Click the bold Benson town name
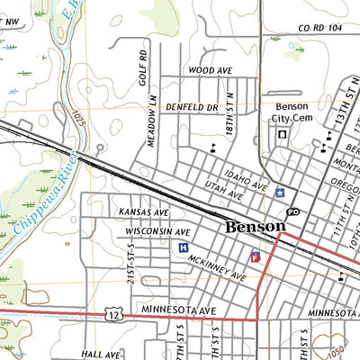255,227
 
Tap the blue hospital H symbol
184,247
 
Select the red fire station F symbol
255,257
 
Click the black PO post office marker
292,211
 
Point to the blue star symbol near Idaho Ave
280,192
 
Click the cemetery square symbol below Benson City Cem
282,134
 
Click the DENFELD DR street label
193,107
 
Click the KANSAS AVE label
144,212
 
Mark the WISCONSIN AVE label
157,231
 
